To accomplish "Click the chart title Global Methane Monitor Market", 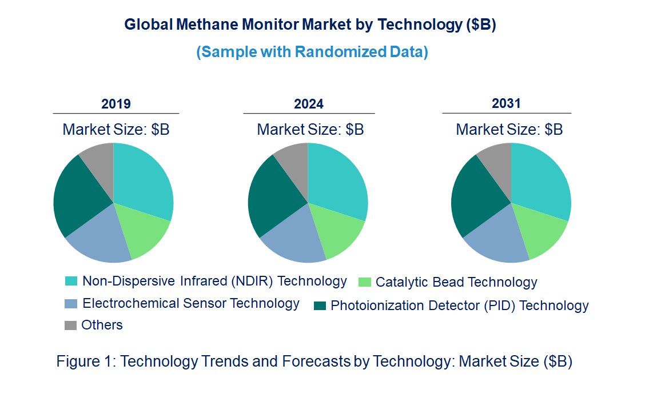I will (x=310, y=25).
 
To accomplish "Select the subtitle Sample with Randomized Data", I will (x=312, y=52).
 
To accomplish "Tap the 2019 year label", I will (x=116, y=104).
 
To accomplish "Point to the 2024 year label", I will (x=309, y=104).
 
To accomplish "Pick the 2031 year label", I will (x=507, y=103).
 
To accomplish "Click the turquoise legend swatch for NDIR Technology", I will (x=71, y=281).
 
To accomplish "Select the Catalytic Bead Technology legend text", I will (x=456, y=282).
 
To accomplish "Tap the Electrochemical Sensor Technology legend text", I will (x=191, y=303).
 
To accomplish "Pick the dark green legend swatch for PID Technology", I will (x=320, y=306).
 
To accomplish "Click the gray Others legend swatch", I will (x=71, y=325).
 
